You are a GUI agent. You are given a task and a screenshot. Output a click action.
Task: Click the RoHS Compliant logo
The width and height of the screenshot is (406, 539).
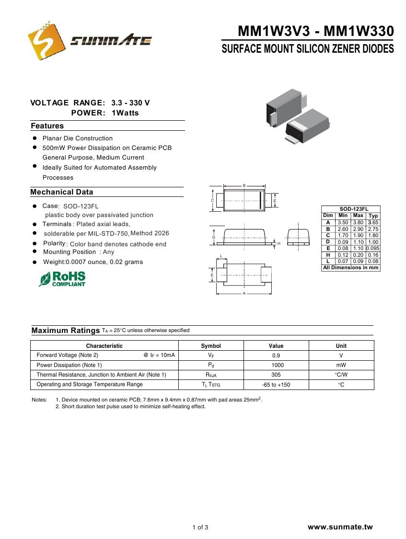point(62,279)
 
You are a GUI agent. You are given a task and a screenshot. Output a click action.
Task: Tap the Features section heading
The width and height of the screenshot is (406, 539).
point(47,126)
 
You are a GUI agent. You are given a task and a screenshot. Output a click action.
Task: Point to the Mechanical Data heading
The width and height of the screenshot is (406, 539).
point(61,192)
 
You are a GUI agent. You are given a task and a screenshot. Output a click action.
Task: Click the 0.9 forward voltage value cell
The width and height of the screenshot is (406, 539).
point(276,356)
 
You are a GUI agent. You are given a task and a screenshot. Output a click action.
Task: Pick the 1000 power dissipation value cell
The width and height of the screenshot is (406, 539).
point(276,365)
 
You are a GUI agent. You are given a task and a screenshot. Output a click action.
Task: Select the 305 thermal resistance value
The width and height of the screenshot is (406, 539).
point(276,375)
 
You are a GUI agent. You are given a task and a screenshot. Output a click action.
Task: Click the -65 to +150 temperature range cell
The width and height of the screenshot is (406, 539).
point(276,385)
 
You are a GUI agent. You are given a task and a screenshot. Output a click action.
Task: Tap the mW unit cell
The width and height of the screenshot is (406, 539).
point(341,365)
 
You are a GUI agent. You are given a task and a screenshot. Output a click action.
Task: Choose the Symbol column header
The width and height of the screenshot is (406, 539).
point(211,346)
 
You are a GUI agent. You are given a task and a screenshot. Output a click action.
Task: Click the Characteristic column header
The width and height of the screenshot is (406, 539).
point(104,346)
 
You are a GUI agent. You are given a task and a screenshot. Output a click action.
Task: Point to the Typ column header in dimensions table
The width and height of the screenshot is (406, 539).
point(373,216)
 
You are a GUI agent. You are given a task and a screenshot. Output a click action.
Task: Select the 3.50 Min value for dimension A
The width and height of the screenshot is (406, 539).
point(343,222)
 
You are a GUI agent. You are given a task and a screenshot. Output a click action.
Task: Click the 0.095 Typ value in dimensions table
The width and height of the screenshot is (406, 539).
point(373,248)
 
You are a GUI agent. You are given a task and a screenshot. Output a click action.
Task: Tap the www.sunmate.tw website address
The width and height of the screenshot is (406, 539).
point(340,527)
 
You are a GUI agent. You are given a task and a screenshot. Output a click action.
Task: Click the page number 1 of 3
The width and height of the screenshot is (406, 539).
point(200,528)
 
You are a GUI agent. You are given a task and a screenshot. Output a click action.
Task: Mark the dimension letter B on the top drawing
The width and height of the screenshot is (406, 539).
point(244,185)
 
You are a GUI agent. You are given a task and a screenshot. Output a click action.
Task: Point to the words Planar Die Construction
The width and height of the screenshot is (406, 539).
point(78,138)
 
